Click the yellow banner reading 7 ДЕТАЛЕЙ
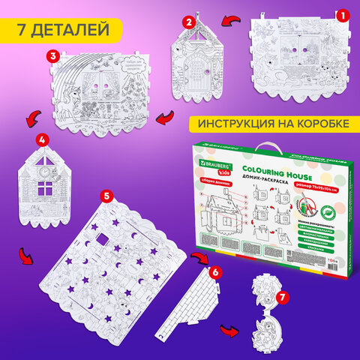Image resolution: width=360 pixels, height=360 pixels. pos(58,31)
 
